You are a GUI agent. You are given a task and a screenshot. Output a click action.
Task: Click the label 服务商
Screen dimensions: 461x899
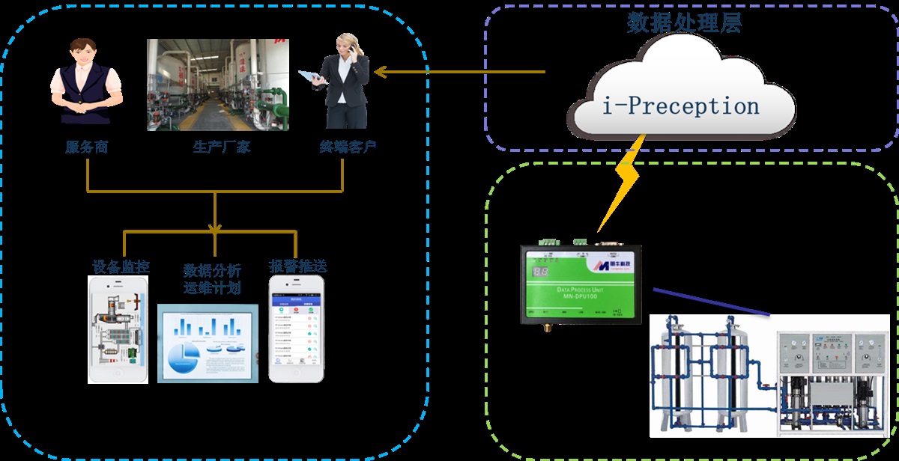(x=86, y=147)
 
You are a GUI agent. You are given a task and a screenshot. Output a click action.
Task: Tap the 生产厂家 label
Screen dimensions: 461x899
(x=217, y=147)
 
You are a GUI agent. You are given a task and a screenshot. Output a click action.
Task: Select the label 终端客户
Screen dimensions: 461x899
(x=343, y=147)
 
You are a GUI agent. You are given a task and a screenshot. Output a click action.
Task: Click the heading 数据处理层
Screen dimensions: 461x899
(x=684, y=23)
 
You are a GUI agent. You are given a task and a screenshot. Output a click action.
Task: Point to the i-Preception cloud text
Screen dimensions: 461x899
(x=681, y=106)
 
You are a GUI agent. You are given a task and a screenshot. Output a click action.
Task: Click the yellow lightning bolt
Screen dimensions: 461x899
(x=621, y=183)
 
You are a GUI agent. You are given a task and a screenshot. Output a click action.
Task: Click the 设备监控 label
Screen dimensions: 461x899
(x=121, y=266)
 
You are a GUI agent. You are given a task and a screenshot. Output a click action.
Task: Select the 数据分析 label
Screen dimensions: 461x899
(x=212, y=270)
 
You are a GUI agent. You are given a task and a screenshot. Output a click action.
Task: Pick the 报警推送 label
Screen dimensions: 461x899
(x=297, y=266)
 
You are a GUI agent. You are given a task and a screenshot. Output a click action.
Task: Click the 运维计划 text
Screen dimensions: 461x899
(x=212, y=287)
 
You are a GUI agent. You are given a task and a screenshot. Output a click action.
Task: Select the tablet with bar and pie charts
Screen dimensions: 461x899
(x=208, y=344)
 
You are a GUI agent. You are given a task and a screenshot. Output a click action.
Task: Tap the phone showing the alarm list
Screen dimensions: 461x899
(x=297, y=329)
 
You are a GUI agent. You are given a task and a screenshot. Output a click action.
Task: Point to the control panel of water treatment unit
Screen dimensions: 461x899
(x=830, y=352)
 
